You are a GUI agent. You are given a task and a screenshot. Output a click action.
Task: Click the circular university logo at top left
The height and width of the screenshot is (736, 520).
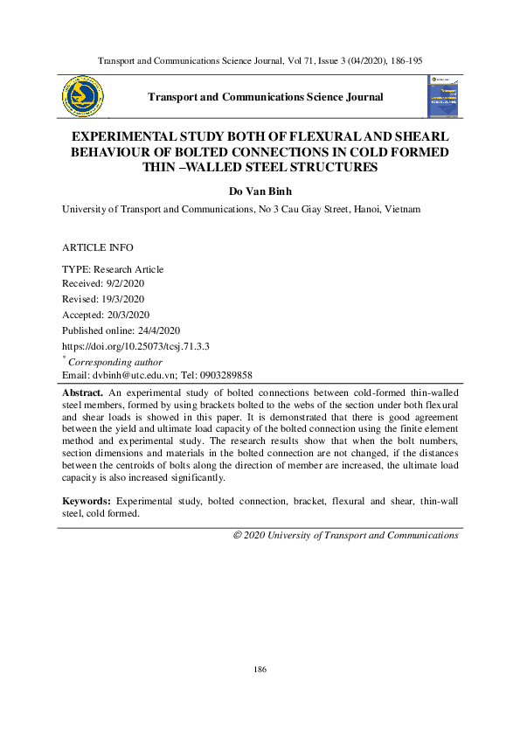81,96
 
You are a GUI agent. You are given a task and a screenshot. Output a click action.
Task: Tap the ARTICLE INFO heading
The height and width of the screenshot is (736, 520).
98,248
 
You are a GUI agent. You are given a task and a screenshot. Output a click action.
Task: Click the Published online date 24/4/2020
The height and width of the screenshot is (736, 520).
158,330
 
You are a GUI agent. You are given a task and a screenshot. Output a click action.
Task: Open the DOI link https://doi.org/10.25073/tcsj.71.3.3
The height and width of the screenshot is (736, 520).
135,346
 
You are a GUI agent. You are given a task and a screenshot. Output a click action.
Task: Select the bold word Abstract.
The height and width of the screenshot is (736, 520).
83,392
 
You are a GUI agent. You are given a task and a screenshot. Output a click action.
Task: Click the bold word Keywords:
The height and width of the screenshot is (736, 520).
86,501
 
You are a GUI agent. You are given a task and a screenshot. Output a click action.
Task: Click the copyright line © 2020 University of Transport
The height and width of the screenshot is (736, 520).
345,535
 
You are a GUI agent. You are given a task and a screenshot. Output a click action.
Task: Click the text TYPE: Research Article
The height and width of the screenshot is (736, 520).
113,269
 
